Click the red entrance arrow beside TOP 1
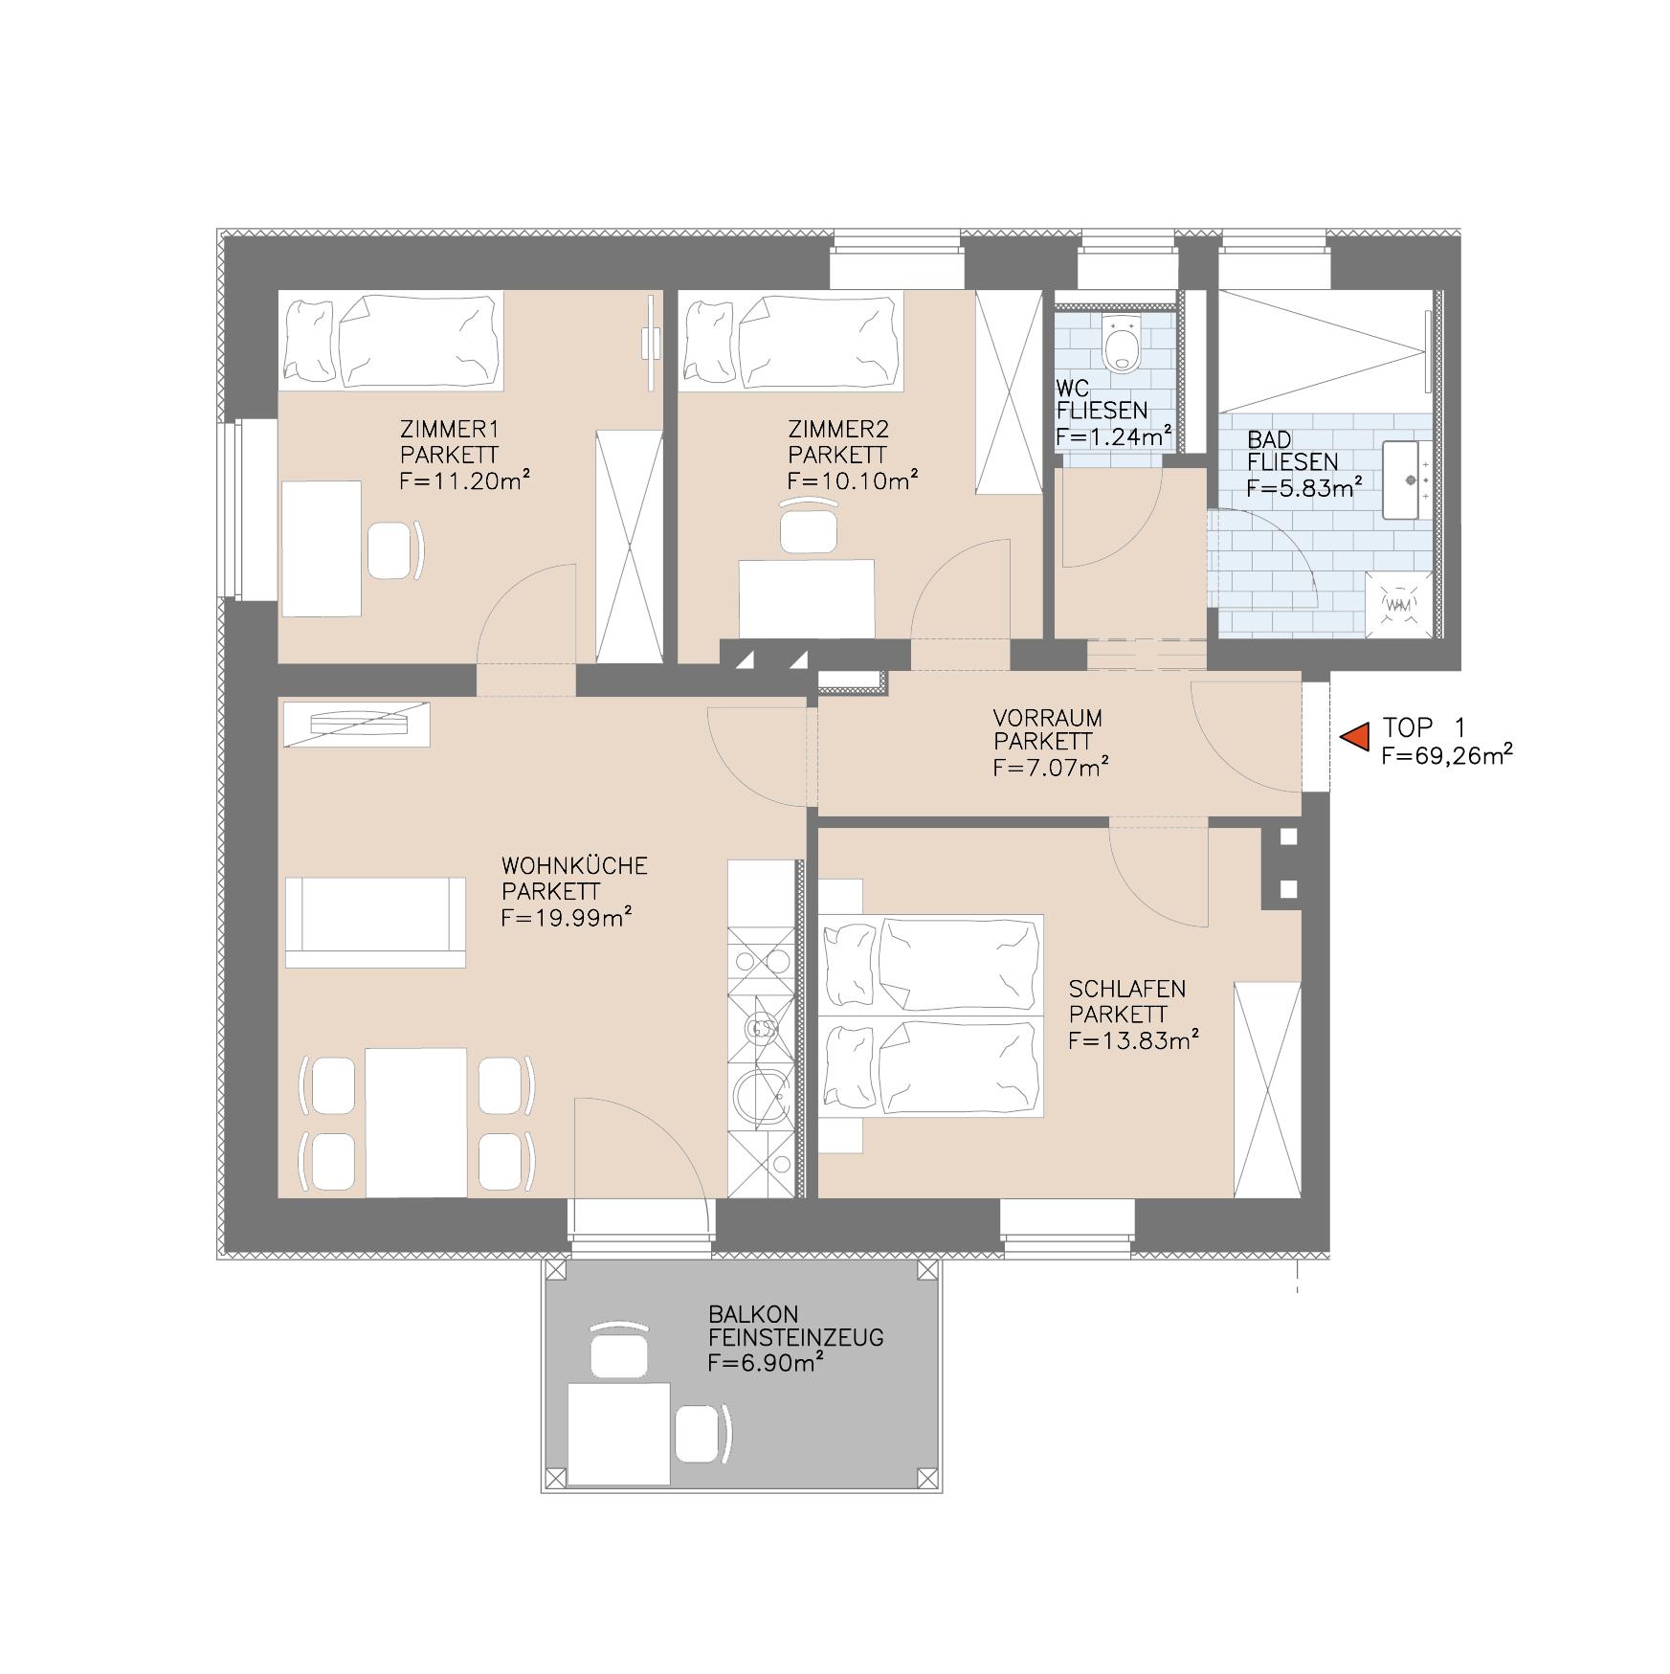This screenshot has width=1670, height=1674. [x=1354, y=737]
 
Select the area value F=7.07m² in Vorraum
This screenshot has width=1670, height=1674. [x=1051, y=767]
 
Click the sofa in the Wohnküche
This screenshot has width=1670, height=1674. [x=375, y=922]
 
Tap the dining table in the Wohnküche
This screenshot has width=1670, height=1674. [x=416, y=1122]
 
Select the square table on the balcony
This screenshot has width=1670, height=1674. [x=618, y=1433]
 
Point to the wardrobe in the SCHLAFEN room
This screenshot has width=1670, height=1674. [x=1267, y=1089]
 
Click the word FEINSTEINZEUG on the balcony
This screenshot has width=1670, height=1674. [x=795, y=1338]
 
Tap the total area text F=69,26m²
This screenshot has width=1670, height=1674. [x=1446, y=756]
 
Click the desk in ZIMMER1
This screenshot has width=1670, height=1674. [x=321, y=548]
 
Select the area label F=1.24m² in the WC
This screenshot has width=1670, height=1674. [x=1114, y=436]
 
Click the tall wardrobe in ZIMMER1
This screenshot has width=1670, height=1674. [x=629, y=547]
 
